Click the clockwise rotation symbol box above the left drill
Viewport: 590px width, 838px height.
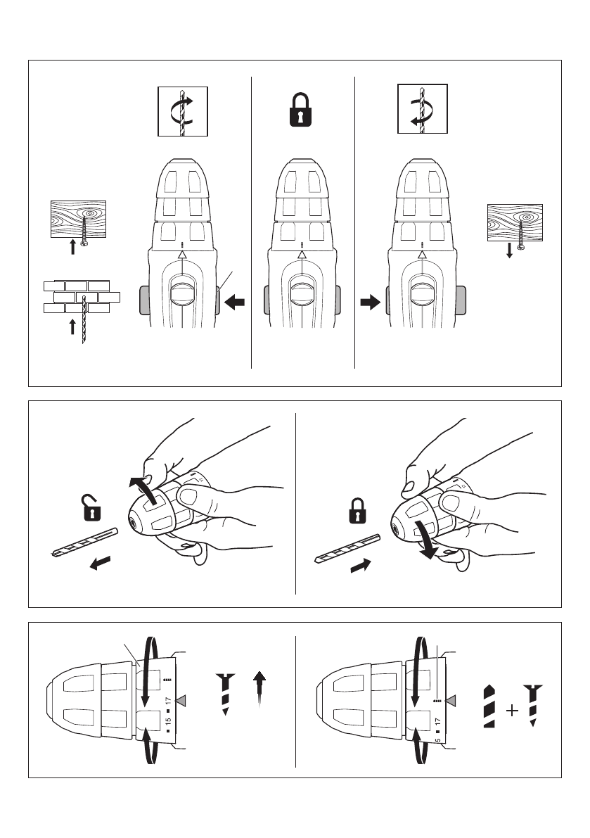point(182,110)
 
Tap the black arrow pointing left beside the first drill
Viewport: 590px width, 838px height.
point(236,303)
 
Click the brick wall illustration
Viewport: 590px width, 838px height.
point(81,298)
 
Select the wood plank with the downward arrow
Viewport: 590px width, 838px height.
point(515,223)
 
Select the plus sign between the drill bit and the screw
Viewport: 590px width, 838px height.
point(513,711)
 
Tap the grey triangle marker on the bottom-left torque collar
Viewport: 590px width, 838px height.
point(183,699)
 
